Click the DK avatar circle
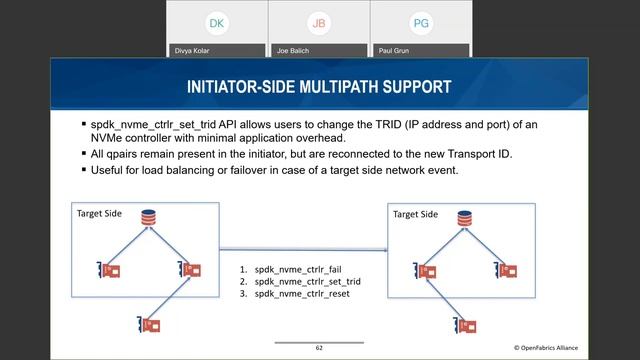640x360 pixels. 217,22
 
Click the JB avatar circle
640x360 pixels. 319,22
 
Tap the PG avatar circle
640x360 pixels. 421,22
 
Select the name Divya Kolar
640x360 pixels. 193,48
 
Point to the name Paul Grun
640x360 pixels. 394,48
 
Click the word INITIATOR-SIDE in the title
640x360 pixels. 236,87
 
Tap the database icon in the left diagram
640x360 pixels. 149,217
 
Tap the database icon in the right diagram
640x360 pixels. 464,217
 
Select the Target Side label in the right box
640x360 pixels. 415,214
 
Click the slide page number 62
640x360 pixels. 319,348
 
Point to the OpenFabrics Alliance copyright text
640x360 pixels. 569,348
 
